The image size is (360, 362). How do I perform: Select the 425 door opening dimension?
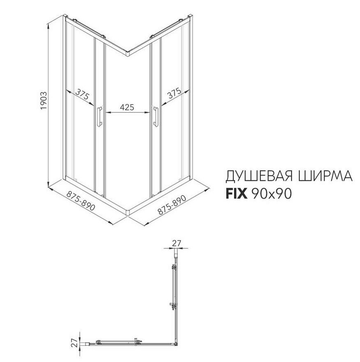tap(127, 107)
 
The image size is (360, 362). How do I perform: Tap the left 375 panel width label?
tap(82, 96)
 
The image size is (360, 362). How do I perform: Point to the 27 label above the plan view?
tap(177, 243)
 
